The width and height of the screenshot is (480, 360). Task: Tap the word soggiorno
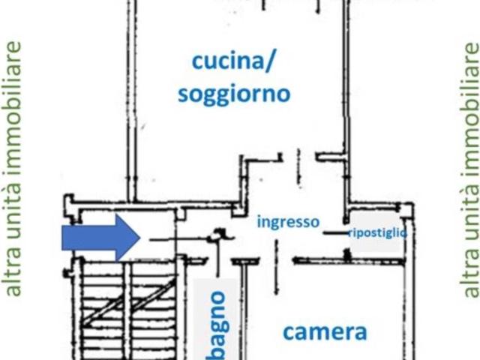[x=234, y=94]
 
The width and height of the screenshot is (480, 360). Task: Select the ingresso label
[x=288, y=222]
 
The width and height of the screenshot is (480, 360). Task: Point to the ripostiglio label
[x=378, y=233]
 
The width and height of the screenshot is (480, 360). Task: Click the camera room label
[x=325, y=332]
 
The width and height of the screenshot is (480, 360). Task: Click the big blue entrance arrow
[x=101, y=238]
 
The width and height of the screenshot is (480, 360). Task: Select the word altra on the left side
[x=13, y=275]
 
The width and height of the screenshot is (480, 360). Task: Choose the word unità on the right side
[x=471, y=214]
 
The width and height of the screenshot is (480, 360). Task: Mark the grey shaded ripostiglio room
[x=376, y=232]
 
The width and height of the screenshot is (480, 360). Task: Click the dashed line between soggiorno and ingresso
[x=299, y=167]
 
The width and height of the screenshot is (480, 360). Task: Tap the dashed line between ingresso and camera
[x=277, y=266]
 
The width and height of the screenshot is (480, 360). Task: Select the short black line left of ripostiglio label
[x=336, y=233]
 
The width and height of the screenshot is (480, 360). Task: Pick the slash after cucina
[x=268, y=62]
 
